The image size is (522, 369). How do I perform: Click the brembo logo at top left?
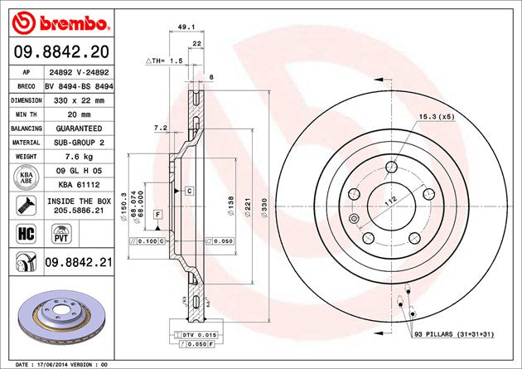pos(57,20)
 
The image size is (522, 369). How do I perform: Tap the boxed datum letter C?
pos(189,191)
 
